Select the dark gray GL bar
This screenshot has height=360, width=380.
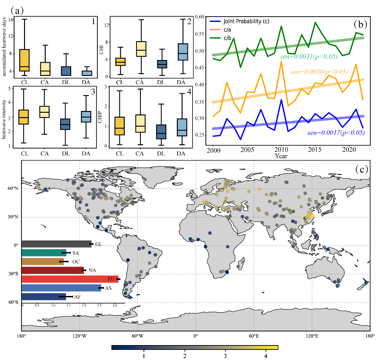(56, 244)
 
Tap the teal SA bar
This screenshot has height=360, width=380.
(43, 253)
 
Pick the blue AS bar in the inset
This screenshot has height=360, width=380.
(61, 288)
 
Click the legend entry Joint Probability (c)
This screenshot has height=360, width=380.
(246, 21)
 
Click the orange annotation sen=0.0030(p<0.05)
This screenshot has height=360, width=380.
(319, 71)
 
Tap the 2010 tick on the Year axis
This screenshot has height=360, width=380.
(280, 150)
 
